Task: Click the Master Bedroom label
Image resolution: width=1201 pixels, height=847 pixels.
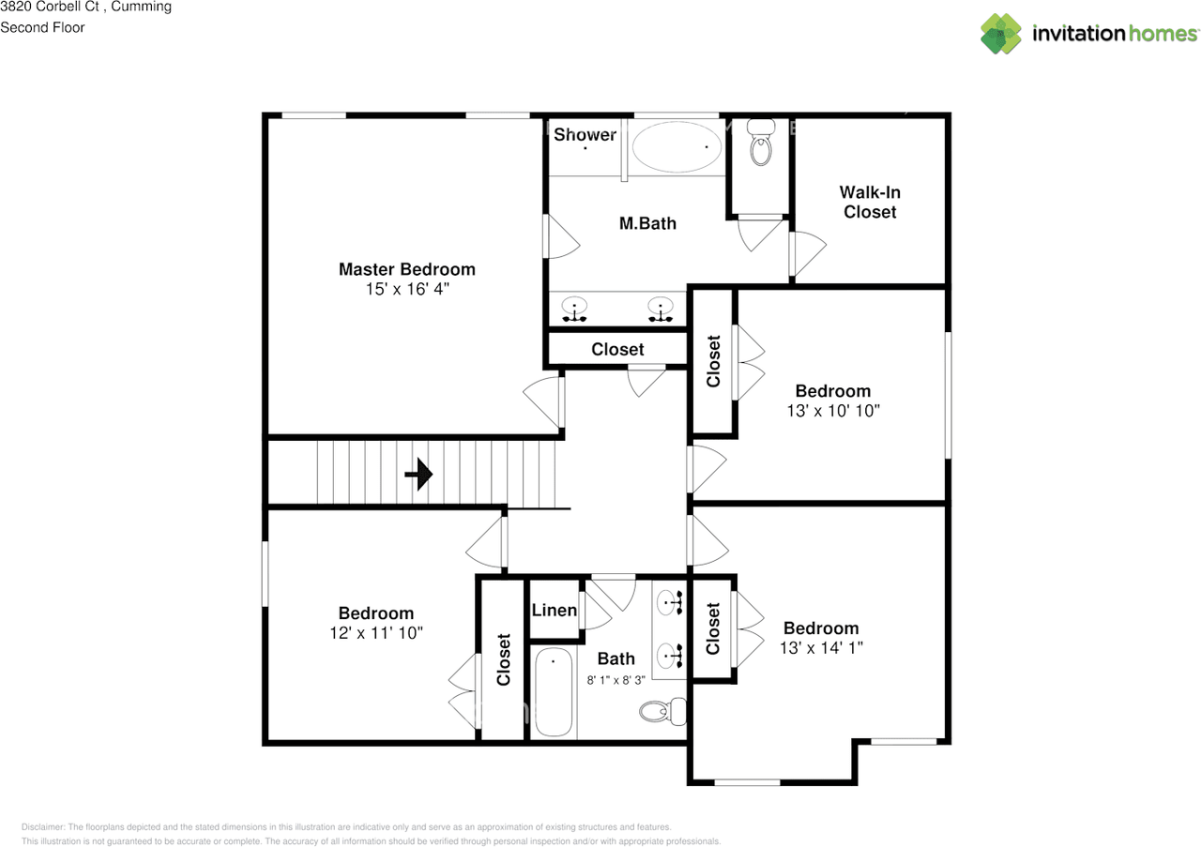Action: point(407,269)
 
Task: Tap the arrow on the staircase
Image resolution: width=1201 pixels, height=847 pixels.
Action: point(418,474)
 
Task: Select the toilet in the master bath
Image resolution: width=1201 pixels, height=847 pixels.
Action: point(761,142)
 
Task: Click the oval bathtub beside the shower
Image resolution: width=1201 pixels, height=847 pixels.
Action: point(677,147)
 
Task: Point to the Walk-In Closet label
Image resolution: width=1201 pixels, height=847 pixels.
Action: point(870,202)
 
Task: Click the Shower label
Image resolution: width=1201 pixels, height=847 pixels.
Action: point(585,134)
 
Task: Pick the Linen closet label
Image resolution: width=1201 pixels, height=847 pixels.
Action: point(555,610)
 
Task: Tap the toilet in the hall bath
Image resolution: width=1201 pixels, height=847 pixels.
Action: point(662,711)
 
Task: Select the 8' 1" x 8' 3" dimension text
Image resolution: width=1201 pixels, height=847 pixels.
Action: point(616,680)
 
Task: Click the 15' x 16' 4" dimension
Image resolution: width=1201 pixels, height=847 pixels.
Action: point(407,289)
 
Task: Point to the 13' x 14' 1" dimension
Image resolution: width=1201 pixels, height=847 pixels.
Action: point(821,647)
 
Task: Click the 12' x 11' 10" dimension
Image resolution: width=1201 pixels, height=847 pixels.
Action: point(376,632)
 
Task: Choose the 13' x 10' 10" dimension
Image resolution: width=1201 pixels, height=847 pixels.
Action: point(833,411)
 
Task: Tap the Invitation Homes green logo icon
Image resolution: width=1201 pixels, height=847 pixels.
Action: point(1001,34)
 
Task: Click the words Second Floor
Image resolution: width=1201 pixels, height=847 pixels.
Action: point(42,27)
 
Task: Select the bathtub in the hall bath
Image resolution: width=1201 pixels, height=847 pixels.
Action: point(554,691)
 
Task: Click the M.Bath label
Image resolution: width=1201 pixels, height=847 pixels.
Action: point(647,223)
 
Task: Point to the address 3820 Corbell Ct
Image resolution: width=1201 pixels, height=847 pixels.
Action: point(50,7)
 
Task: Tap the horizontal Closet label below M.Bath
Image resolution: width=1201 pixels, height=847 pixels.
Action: point(617,349)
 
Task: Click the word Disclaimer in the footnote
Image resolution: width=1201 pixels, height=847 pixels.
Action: point(42,827)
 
